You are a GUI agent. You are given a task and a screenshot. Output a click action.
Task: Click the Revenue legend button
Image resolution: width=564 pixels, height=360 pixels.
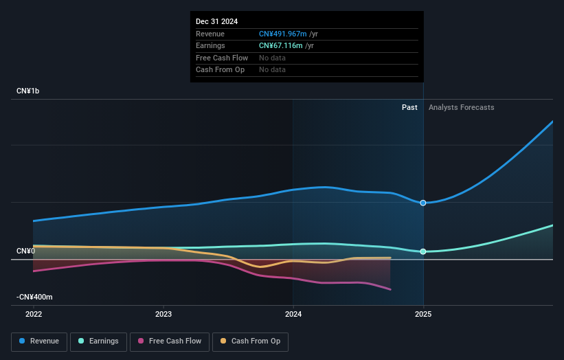[39, 341]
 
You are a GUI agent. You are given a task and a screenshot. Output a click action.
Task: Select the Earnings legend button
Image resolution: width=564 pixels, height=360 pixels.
[98, 341]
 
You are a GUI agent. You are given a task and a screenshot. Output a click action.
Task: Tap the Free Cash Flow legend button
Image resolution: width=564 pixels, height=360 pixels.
[169, 341]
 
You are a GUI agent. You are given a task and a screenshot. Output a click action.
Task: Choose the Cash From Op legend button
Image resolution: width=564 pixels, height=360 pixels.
[251, 341]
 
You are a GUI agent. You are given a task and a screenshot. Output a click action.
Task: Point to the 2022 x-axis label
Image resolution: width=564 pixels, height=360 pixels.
[34, 314]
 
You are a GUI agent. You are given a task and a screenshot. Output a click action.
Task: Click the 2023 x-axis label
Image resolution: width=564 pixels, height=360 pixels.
[163, 314]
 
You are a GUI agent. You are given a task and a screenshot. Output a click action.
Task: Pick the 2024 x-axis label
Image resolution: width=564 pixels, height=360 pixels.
[293, 314]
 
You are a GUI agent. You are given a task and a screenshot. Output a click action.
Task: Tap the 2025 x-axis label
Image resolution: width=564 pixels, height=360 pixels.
[423, 314]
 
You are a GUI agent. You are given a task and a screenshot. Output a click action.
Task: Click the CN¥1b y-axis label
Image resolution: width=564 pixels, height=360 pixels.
[28, 91]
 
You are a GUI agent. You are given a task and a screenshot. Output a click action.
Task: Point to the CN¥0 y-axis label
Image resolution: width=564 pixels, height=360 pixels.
[25, 251]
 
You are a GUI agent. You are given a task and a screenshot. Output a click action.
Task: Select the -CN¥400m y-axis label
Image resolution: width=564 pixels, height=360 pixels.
[34, 297]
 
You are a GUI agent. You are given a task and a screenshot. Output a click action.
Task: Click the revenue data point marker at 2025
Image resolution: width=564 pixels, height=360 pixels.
[423, 203]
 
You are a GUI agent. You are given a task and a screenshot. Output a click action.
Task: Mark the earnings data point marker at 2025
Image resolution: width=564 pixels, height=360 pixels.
[423, 251]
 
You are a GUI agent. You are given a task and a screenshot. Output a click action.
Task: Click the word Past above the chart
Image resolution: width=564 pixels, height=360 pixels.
[409, 107]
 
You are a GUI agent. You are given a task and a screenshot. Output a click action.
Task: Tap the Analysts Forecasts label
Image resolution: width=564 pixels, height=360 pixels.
[461, 107]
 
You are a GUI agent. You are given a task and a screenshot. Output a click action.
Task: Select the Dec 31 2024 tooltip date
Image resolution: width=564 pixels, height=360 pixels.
[216, 21]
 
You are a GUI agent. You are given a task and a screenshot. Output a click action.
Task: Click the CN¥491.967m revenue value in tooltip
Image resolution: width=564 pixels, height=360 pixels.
[282, 34]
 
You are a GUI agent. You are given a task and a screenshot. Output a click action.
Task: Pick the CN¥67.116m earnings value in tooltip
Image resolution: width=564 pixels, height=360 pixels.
[280, 45]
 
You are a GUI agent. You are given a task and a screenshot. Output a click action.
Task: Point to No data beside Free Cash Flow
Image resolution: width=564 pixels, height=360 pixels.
[272, 58]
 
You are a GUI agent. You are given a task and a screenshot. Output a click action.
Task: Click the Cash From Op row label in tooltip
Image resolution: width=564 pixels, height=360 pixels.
[220, 69]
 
